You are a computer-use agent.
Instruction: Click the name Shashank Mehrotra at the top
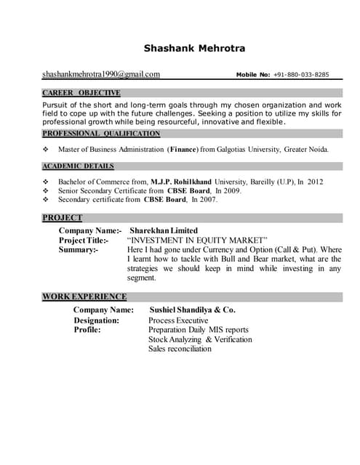194,49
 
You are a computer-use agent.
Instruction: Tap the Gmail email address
101,74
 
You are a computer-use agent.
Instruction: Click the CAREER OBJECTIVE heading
81,93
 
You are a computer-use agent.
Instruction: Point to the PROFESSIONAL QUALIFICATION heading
101,134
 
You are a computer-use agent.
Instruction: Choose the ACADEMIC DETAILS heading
78,166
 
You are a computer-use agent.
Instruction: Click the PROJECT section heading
63,217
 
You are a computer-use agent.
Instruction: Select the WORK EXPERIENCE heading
84,296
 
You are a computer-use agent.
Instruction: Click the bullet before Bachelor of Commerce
46,182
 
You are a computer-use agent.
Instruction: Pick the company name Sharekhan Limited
164,230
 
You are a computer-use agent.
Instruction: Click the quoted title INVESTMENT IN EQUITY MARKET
197,240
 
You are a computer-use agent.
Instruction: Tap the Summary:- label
78,249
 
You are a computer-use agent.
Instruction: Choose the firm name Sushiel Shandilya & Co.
192,310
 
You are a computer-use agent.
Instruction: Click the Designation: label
96,320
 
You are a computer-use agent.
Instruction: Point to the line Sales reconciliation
180,349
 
